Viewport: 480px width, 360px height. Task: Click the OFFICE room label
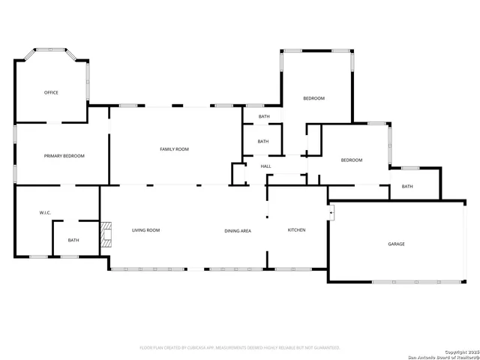point(51,93)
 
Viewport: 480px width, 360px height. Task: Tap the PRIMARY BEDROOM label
point(64,156)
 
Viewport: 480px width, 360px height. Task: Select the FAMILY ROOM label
point(174,149)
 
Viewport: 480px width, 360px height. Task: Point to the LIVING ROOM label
point(146,230)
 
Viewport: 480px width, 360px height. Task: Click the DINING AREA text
point(238,230)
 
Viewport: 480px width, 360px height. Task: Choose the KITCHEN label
point(297,229)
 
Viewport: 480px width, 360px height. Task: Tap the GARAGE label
point(396,244)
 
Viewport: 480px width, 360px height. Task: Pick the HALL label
point(265,166)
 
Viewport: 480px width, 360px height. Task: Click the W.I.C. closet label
point(45,213)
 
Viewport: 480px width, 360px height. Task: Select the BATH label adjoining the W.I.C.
point(73,241)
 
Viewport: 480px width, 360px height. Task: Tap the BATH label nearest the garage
point(407,187)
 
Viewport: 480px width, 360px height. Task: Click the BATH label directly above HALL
point(263,141)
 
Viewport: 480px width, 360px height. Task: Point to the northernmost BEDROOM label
point(313,98)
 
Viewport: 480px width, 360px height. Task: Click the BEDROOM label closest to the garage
point(352,160)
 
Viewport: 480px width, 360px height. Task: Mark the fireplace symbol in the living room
point(106,234)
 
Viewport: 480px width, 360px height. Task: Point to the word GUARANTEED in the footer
point(323,348)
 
